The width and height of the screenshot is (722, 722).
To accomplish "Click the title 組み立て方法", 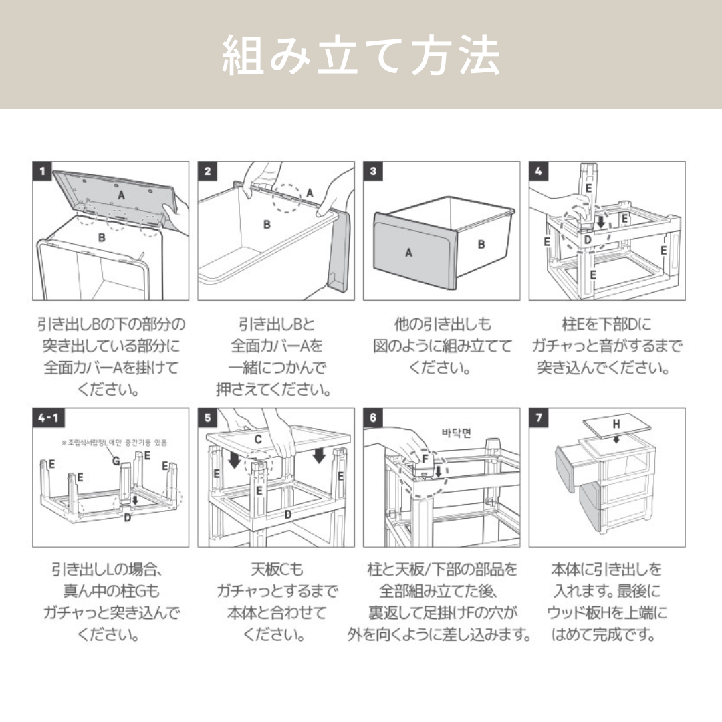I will [360, 56].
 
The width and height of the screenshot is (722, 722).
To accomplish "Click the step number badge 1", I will [43, 171].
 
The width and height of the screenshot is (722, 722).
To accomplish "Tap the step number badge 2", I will [208, 171].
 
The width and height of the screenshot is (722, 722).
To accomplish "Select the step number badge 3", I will [373, 171].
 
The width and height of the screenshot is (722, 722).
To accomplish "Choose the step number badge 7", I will [539, 418].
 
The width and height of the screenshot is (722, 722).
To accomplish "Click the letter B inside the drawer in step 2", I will [267, 224].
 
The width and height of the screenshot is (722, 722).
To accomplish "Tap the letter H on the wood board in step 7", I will [616, 425].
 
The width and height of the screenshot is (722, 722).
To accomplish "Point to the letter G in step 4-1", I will [116, 461].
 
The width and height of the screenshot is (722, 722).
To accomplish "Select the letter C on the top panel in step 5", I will [257, 439].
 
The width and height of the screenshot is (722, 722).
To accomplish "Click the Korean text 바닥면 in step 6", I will [457, 433].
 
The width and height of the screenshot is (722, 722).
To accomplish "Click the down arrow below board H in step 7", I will [616, 439].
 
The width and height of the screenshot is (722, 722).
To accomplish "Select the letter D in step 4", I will [587, 239].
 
